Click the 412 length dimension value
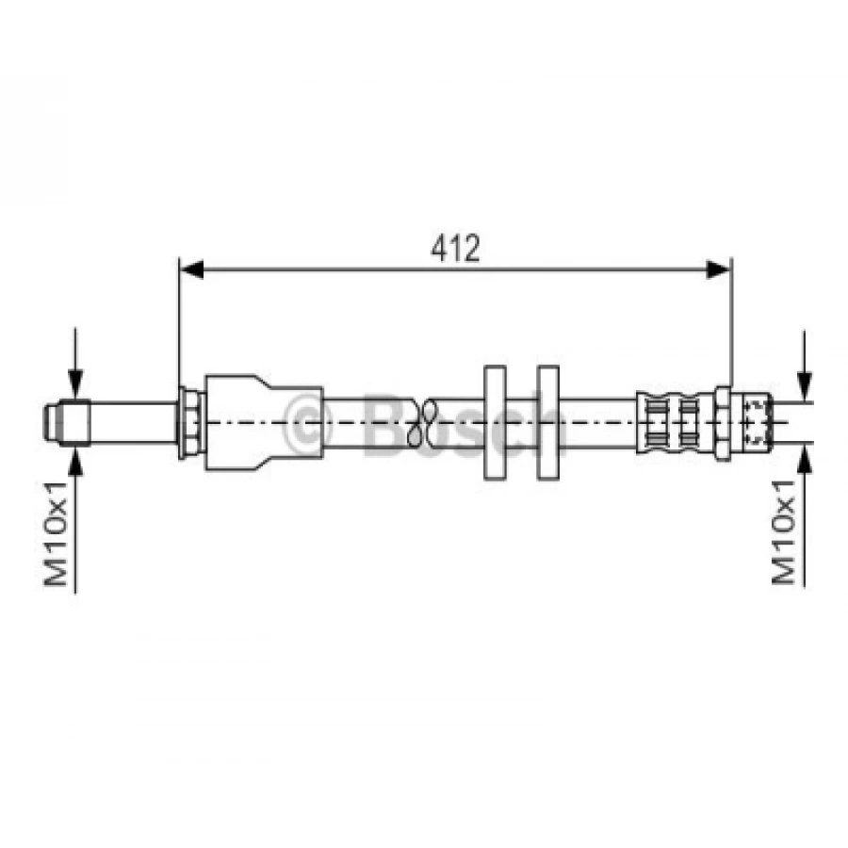pos(455,248)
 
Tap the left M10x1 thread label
pos(56,533)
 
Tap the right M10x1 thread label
pos(784,532)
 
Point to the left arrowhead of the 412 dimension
pos(191,269)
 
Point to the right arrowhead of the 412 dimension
pos(719,269)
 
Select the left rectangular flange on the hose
pos(495,422)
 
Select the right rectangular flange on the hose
pos(547,422)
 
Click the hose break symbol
pos(422,423)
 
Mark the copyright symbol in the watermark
pos(307,425)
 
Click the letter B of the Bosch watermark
pos(383,425)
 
